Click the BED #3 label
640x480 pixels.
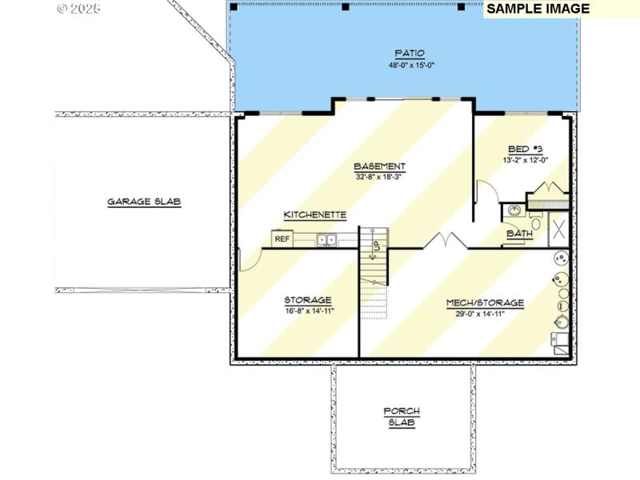coord(526,150)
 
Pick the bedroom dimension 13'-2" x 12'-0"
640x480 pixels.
coord(526,160)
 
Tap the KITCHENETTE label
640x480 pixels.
coord(314,214)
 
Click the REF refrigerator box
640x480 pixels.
coord(282,238)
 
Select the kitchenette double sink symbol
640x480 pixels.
coord(326,238)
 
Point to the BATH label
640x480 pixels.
coord(520,234)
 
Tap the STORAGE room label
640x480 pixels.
coord(308,300)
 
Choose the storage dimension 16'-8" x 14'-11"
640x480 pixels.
coord(308,311)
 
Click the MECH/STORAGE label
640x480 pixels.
coord(486,303)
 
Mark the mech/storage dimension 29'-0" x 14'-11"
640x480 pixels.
coord(486,314)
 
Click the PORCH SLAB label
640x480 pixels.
coord(402,417)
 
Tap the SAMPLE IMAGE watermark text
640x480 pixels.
coord(538,9)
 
